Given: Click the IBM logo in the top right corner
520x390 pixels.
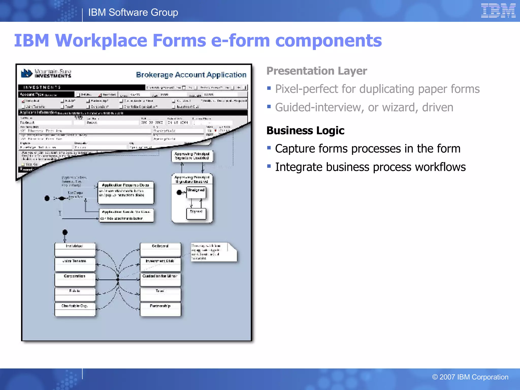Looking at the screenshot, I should (498, 11).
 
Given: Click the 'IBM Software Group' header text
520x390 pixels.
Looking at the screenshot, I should (133, 12).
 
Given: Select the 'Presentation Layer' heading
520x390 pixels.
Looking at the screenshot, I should (317, 71).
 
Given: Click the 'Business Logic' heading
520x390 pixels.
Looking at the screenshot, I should (305, 131).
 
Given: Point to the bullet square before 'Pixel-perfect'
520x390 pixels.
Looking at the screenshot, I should (269, 88).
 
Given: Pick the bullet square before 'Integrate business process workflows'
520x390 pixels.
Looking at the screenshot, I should (269, 166).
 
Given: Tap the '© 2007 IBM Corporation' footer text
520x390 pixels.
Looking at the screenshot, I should (470, 377).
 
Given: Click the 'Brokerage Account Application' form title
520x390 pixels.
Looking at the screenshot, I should (191, 75).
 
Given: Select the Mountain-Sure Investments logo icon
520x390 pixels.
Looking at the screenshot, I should (26, 73).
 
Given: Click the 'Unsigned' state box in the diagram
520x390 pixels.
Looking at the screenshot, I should (196, 192).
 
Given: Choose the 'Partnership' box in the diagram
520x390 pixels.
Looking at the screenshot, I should (160, 309).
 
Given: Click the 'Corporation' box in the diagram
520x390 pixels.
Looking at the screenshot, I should (75, 279).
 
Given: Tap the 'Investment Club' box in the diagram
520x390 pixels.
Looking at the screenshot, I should (160, 264).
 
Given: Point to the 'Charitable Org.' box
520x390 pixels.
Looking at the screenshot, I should (75, 309).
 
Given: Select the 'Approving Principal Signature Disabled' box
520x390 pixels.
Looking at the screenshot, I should (192, 156).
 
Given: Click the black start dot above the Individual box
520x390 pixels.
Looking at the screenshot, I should (65, 232).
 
